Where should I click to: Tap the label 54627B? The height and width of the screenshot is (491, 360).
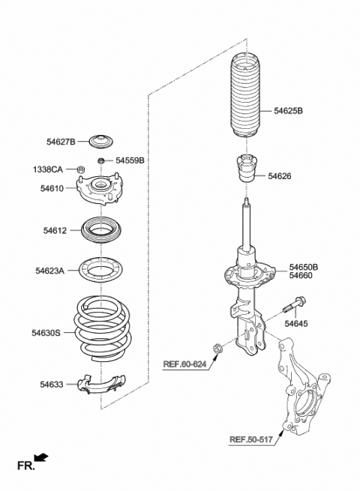tap(61, 141)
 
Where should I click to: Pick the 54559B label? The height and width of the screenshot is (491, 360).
tap(130, 160)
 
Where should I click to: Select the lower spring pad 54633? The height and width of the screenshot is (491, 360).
tap(103, 385)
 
